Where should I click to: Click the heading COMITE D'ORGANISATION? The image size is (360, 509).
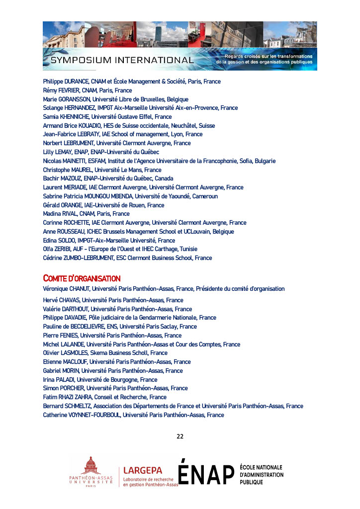pos(82,278)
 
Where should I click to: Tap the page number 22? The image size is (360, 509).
pos(180,436)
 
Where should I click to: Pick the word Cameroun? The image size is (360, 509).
pos(203,196)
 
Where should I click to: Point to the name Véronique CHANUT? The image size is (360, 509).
pos(66,289)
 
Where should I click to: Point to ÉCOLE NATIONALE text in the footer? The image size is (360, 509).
pos(261,468)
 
